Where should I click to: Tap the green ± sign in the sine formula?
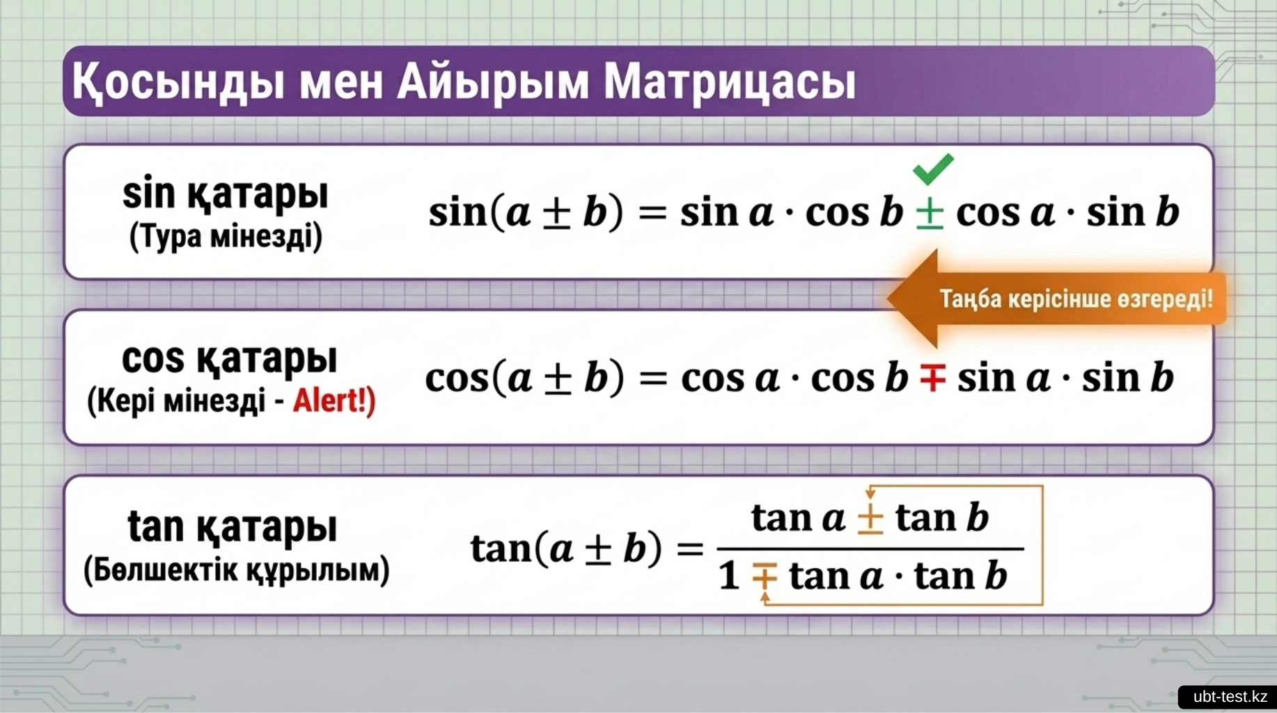click(930, 213)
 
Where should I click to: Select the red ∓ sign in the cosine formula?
click(932, 379)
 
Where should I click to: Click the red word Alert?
click(334, 401)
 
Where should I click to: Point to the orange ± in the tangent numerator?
click(870, 519)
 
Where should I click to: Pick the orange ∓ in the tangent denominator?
click(764, 577)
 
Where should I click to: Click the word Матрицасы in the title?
click(729, 82)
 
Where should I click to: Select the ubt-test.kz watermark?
click(1230, 697)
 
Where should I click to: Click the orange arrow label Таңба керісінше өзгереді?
click(1076, 299)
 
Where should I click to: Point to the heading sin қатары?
click(225, 194)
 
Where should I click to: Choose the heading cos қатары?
click(229, 359)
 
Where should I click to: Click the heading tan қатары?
click(233, 526)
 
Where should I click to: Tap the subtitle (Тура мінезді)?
click(226, 236)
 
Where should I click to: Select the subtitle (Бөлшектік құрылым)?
click(236, 570)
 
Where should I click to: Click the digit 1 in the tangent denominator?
click(729, 577)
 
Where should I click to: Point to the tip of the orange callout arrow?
click(888, 298)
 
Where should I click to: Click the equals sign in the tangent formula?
click(690, 549)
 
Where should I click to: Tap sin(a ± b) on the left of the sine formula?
click(526, 212)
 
